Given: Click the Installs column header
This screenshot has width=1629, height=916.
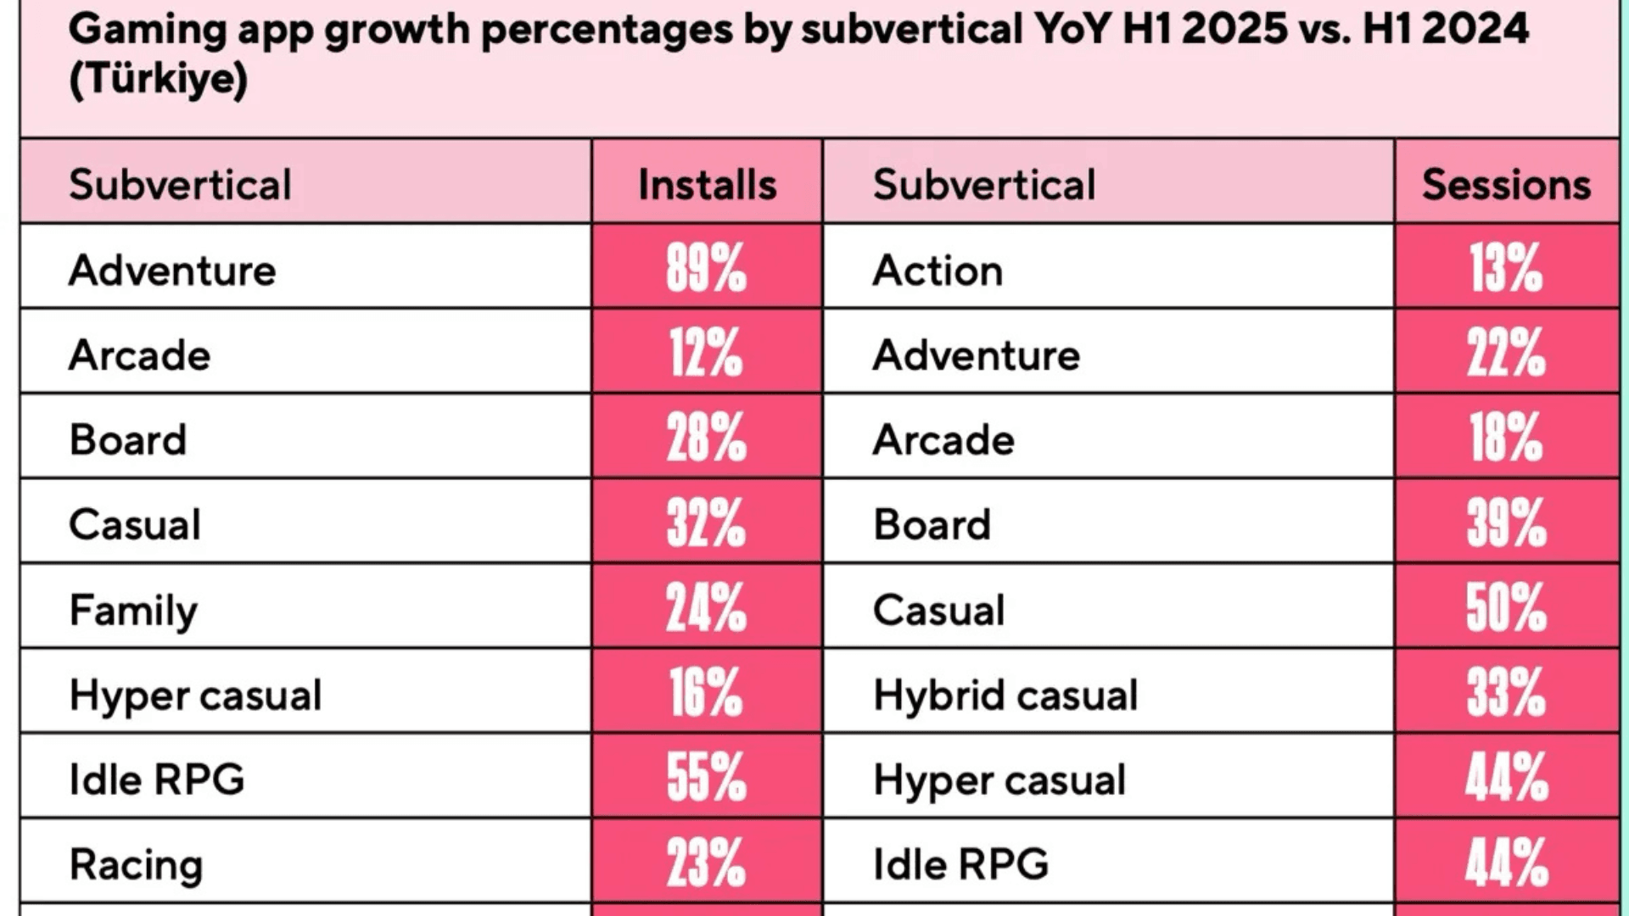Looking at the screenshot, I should (x=707, y=184).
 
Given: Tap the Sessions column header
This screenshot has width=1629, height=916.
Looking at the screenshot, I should (x=1506, y=184).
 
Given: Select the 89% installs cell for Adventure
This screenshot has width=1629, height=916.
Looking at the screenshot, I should (x=706, y=268).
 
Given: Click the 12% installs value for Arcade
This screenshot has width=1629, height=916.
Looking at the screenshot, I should (x=706, y=353).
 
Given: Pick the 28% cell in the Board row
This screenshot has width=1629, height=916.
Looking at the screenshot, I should (x=706, y=438).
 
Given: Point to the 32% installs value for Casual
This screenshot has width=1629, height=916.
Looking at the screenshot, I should (x=706, y=522).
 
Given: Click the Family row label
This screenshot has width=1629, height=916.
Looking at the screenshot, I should (x=133, y=610).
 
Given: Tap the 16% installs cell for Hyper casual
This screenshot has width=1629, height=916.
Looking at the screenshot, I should (x=706, y=692).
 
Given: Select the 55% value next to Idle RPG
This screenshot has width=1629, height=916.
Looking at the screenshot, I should (x=706, y=777).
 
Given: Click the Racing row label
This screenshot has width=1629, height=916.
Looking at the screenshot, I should (x=136, y=864).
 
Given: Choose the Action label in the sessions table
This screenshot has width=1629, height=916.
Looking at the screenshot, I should (x=938, y=271).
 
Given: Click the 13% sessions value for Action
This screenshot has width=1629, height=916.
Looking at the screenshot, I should (x=1506, y=268).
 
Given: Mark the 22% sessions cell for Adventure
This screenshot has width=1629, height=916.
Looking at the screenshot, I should (x=1506, y=353).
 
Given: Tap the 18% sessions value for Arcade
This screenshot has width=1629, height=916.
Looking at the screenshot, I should (x=1506, y=438).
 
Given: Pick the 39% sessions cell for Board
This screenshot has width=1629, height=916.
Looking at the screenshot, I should (x=1506, y=522).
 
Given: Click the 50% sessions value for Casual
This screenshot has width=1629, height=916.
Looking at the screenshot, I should (x=1506, y=607).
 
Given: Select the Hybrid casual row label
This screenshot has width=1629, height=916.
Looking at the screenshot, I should (x=1005, y=695).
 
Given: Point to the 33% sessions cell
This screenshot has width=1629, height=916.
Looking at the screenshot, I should (x=1506, y=692).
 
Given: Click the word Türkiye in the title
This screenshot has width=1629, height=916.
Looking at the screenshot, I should (x=158, y=80).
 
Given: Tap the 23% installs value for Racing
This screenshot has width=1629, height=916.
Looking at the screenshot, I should (x=706, y=862).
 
